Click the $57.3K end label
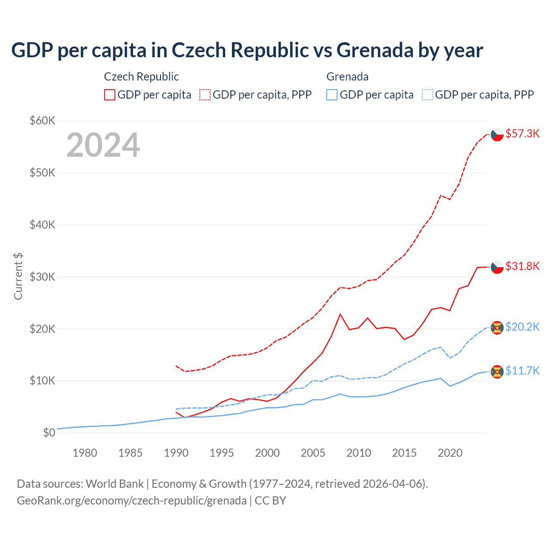pyautogui.click(x=522, y=134)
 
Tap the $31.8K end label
pyautogui.click(x=522, y=266)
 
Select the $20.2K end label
pyautogui.click(x=522, y=327)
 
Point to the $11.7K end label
pyautogui.click(x=522, y=371)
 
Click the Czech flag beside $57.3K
pyautogui.click(x=497, y=134)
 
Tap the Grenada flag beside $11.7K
pyautogui.click(x=497, y=371)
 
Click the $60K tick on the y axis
pyautogui.click(x=42, y=121)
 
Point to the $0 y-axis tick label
pyautogui.click(x=49, y=433)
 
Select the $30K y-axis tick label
pyautogui.click(x=42, y=277)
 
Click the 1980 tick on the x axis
pyautogui.click(x=85, y=453)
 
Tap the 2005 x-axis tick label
pyautogui.click(x=313, y=453)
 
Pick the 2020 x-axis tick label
pyautogui.click(x=450, y=453)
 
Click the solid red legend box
pyautogui.click(x=110, y=95)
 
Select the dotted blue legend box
pyautogui.click(x=427, y=95)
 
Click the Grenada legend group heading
pyautogui.click(x=347, y=77)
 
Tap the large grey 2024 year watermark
pyautogui.click(x=103, y=145)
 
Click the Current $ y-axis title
pyautogui.click(x=18, y=276)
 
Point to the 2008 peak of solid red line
pyautogui.click(x=340, y=314)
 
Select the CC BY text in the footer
pyautogui.click(x=270, y=501)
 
